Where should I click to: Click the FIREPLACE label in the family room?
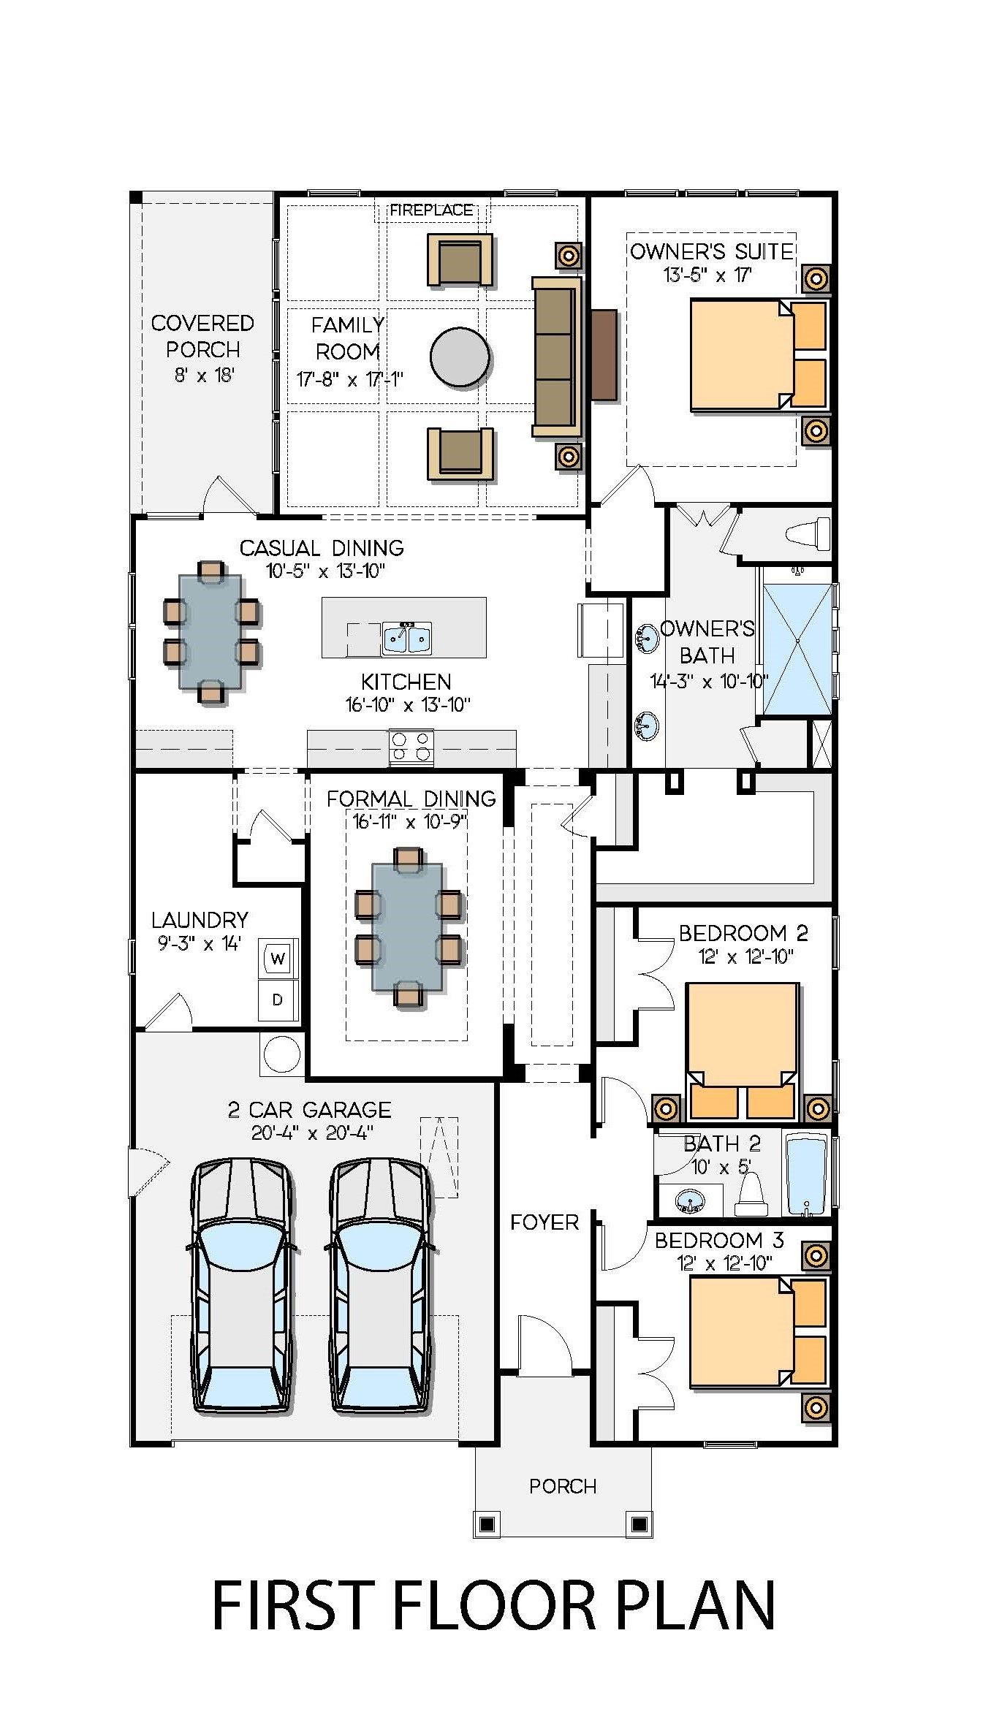coord(431,210)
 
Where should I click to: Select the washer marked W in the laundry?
coord(278,958)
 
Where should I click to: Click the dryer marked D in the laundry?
coord(278,1000)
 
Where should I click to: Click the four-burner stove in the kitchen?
coord(411,747)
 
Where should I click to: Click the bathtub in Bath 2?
coord(806,1175)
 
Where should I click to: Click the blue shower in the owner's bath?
coord(797,648)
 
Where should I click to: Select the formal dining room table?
coord(407,926)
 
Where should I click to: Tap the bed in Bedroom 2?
coord(741,1045)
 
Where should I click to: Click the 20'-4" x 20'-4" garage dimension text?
coord(311,1133)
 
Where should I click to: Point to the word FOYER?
coord(544,1222)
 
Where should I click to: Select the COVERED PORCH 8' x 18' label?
coord(202,349)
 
